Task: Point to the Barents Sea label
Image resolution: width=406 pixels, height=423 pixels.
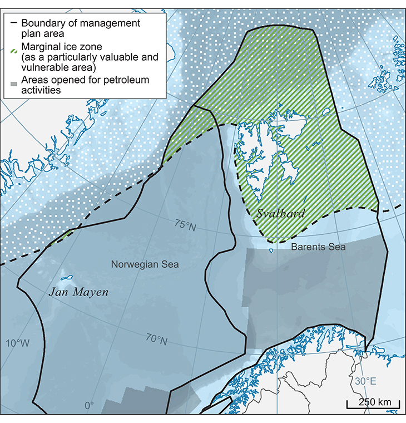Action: coord(318,247)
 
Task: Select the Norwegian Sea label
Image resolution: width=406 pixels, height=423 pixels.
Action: coord(145,264)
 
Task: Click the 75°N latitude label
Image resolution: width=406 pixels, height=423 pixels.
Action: coord(185,225)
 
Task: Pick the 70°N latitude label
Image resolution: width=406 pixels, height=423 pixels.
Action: coord(156,338)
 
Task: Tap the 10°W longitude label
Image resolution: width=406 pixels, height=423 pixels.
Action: coord(18,343)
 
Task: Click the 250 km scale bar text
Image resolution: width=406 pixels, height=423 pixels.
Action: coord(374,402)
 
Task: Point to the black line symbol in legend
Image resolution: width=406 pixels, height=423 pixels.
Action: coord(13,23)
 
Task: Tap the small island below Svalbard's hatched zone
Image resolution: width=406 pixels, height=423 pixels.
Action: coord(272,250)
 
